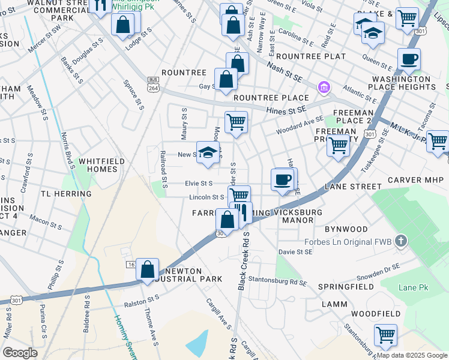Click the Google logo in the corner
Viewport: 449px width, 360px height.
tap(20, 353)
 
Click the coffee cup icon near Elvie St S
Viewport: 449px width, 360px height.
tap(282, 179)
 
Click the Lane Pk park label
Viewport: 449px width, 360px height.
tap(414, 288)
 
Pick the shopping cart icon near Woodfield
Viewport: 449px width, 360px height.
tap(385, 335)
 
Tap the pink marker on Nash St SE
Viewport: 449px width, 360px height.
tap(324, 88)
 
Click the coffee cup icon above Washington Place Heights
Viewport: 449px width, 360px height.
tap(409, 59)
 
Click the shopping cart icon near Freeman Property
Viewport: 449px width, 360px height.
tap(339, 145)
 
